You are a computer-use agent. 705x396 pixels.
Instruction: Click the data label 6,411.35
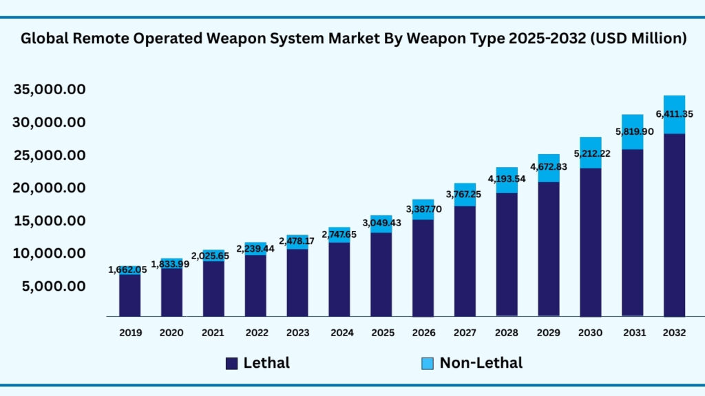click(674, 114)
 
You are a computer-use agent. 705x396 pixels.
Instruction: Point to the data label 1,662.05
click(130, 270)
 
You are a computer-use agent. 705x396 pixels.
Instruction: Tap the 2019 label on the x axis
click(130, 333)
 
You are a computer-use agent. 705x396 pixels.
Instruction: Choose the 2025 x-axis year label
click(382, 333)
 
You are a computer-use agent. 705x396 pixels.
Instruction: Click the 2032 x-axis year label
click(674, 333)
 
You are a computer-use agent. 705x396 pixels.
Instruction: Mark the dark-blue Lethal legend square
click(232, 363)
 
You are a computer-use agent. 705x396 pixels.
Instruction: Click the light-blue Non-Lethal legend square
click(428, 363)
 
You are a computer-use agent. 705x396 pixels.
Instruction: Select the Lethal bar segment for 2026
click(423, 267)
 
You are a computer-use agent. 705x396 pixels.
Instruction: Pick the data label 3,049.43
click(381, 223)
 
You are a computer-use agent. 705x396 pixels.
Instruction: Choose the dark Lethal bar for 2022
click(255, 285)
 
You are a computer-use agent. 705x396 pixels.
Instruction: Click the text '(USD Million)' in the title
click(638, 39)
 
